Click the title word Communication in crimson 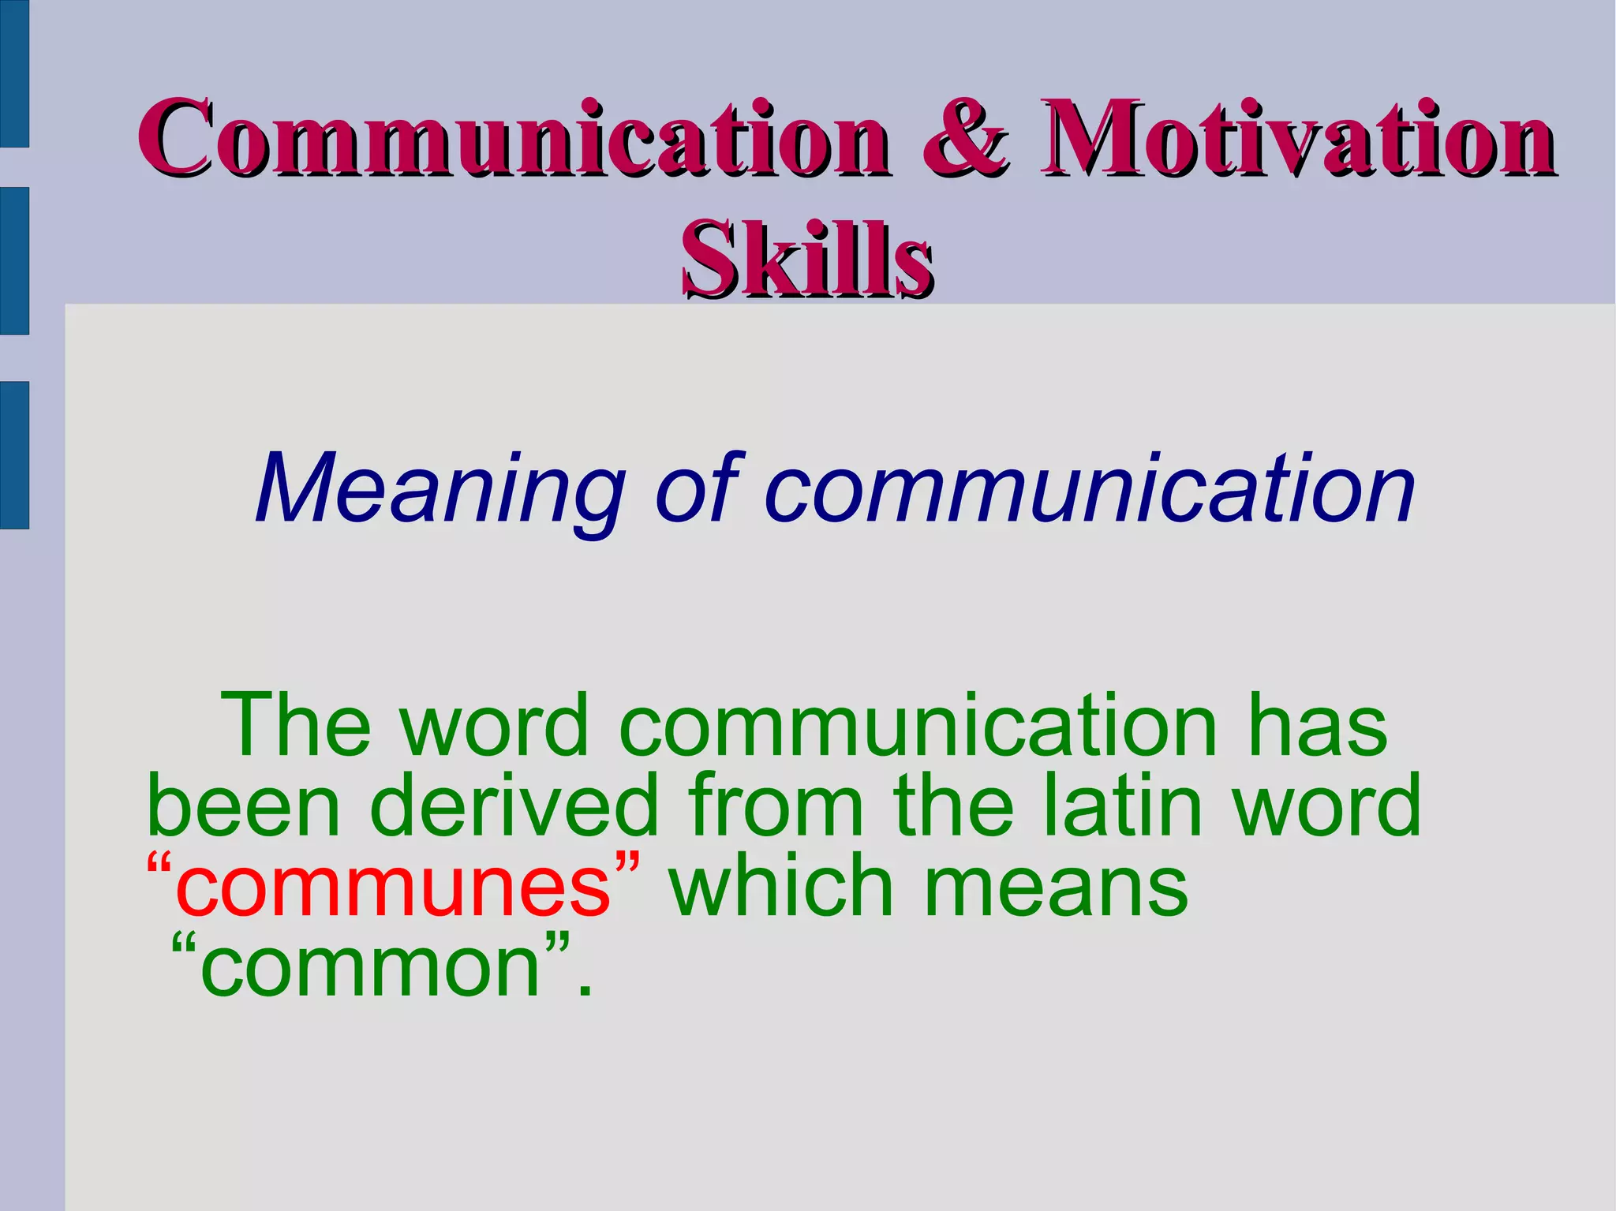[513, 138]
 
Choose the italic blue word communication [1089, 490]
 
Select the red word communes [393, 887]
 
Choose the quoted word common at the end [371, 967]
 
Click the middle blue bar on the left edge [14, 261]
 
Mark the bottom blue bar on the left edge [14, 454]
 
